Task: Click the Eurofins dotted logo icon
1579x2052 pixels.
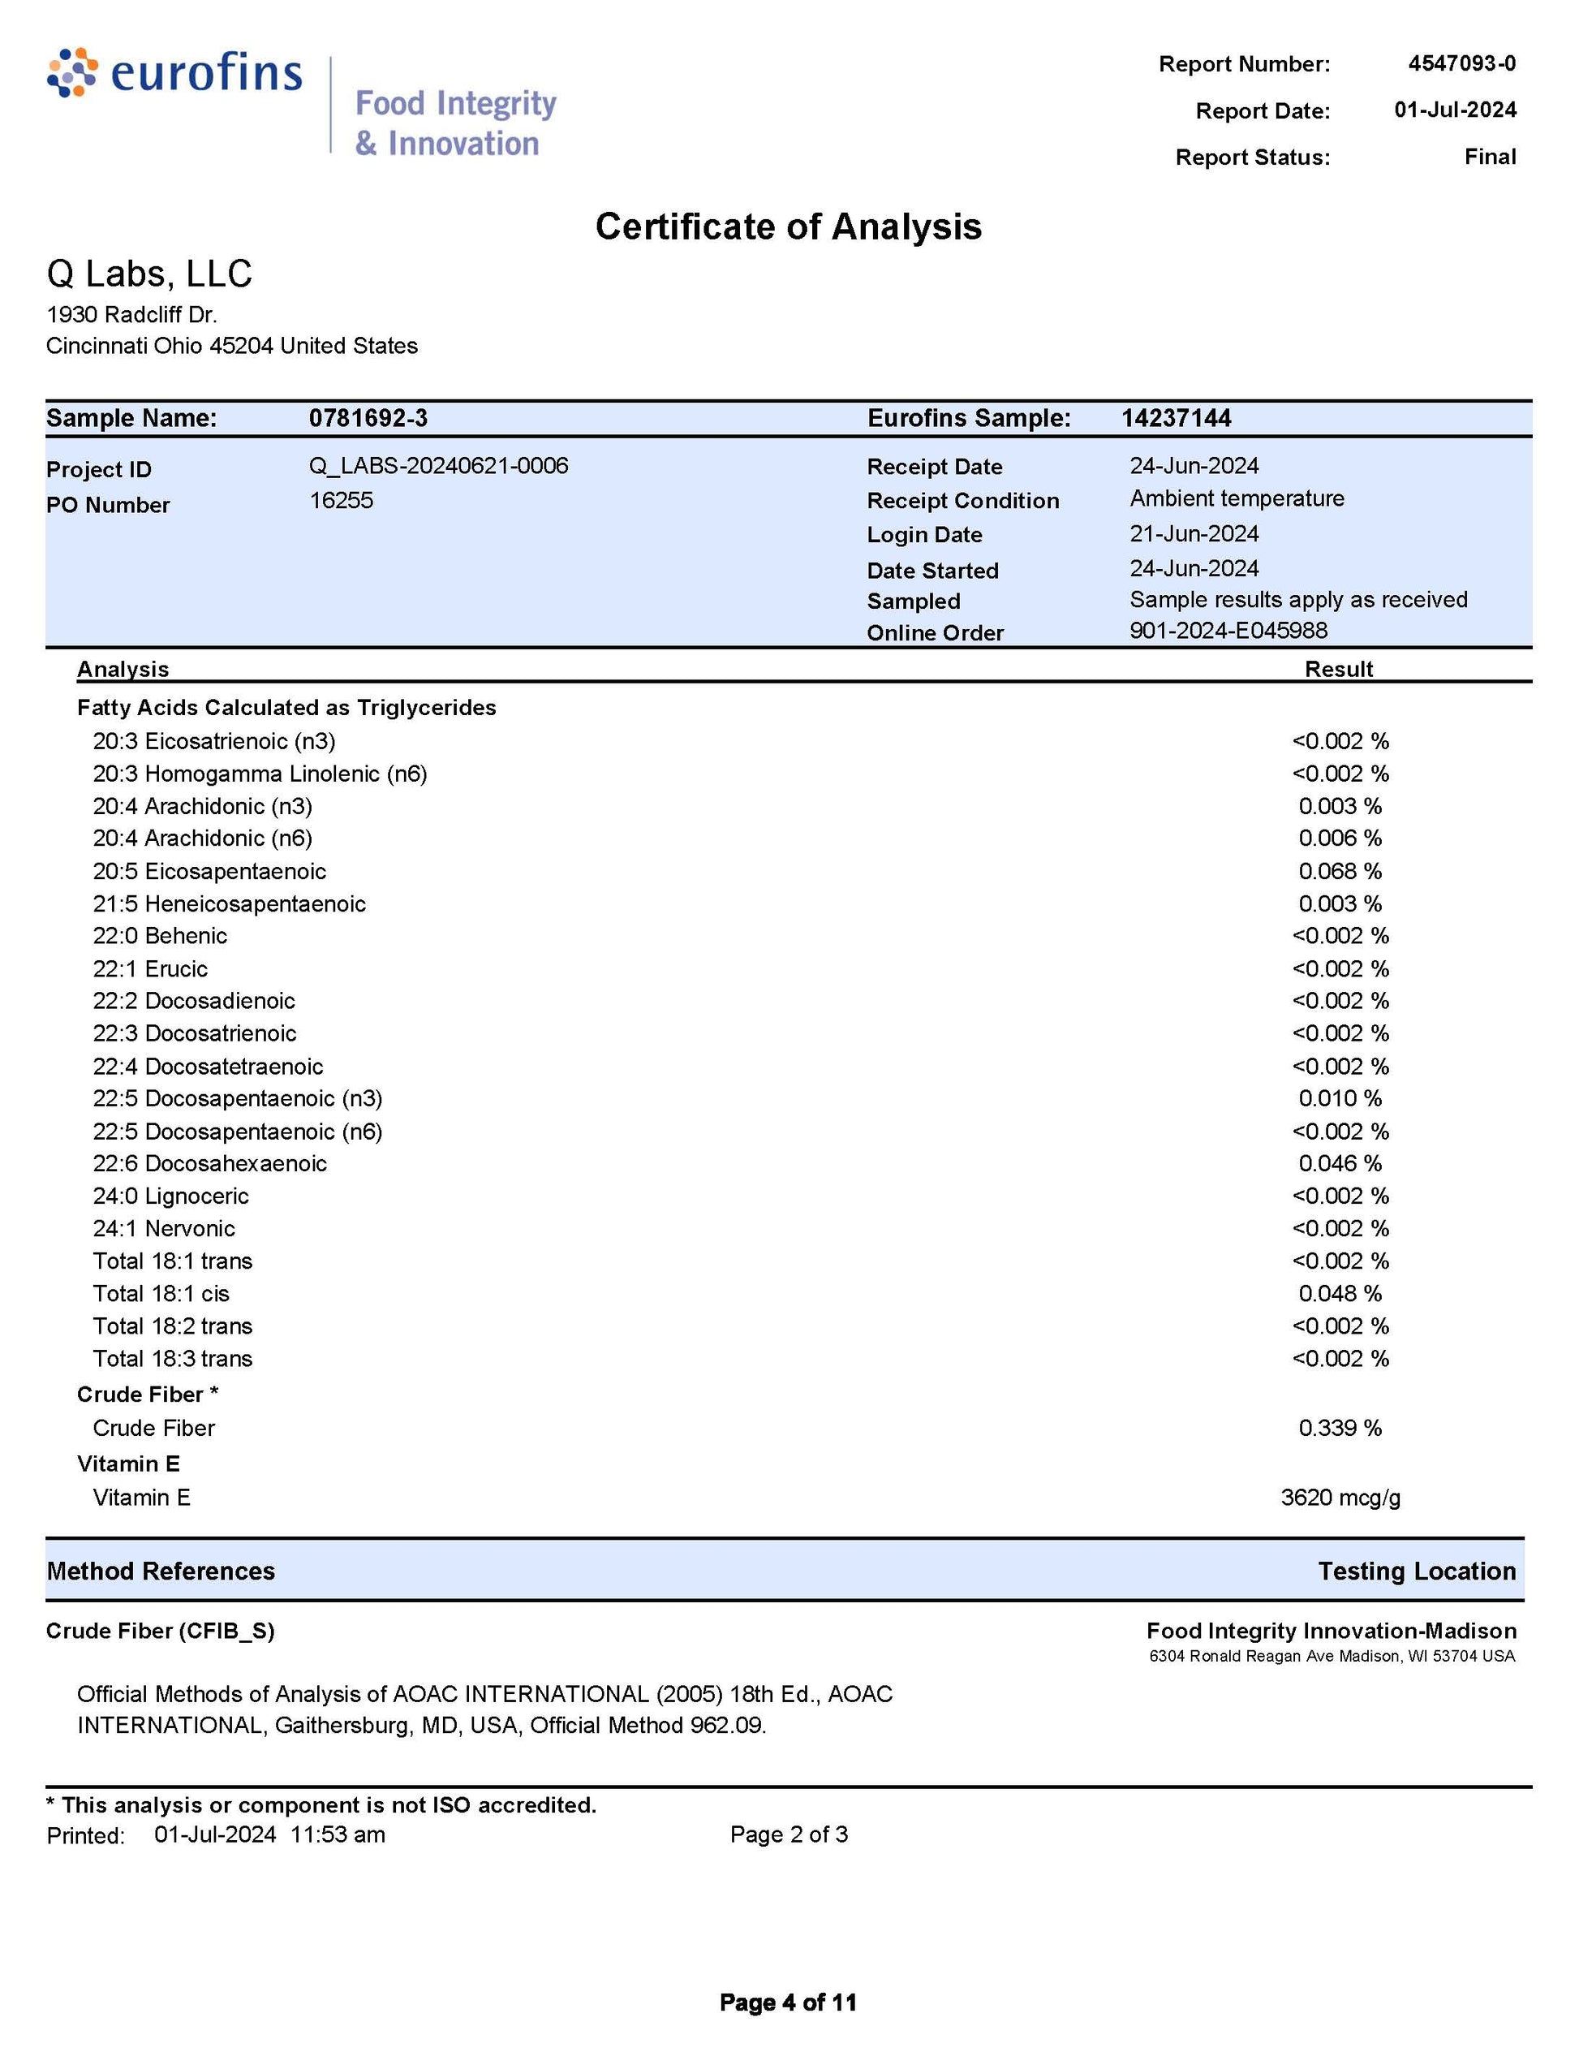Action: pos(72,72)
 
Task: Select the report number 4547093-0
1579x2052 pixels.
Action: pos(1461,63)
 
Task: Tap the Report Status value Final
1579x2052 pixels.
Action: pos(1489,156)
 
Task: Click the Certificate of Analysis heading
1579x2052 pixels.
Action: pos(788,226)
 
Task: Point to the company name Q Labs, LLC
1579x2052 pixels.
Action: pos(149,274)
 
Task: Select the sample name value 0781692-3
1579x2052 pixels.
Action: pos(368,418)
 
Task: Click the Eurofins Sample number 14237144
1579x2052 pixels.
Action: pos(1175,418)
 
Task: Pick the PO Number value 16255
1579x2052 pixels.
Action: pos(341,500)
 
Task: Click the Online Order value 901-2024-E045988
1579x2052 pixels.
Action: pos(1228,630)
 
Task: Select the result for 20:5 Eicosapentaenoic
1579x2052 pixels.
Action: pos(1340,871)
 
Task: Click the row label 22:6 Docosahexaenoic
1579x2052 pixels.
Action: pos(209,1163)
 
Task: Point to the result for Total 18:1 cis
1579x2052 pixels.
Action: pos(1340,1293)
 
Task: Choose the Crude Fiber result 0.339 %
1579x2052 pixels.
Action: pos(1340,1428)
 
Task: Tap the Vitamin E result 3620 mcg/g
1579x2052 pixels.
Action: pos(1340,1497)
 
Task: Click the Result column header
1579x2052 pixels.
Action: pos(1339,669)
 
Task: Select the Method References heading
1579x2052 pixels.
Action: pos(161,1571)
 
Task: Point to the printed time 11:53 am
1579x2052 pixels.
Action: pos(338,1834)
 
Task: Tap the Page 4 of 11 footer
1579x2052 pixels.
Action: pos(788,2002)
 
